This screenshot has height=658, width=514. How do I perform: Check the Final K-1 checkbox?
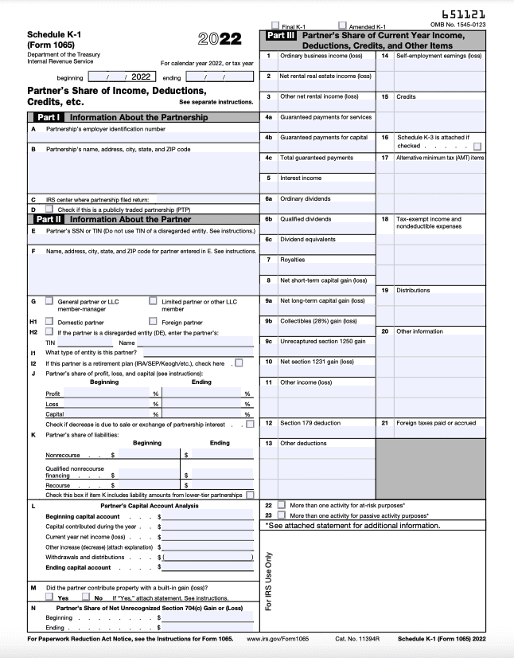coord(275,25)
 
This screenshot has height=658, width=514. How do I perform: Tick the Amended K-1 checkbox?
coord(342,25)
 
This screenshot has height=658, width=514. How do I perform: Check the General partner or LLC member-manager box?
coord(49,301)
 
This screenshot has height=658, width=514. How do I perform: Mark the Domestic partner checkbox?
coord(49,322)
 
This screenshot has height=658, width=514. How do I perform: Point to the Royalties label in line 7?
coord(293,260)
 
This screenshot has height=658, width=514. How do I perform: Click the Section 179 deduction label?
coord(310,423)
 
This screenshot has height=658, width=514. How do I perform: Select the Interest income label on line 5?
coord(301,178)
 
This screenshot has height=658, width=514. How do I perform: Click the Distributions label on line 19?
coord(415,291)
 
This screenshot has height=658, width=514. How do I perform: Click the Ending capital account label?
coord(78,567)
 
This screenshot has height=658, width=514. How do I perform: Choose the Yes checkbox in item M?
coord(49,597)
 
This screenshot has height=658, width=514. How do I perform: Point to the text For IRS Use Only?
coord(267,582)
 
